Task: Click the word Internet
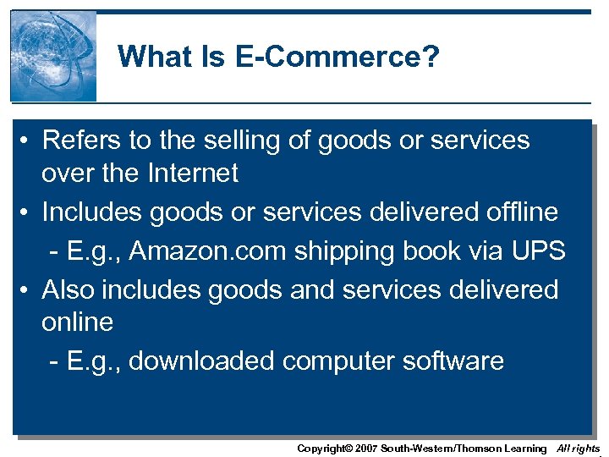(x=193, y=173)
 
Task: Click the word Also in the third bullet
(x=69, y=289)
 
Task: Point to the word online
(x=77, y=322)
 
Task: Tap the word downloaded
(x=202, y=361)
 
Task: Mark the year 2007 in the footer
(x=365, y=449)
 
